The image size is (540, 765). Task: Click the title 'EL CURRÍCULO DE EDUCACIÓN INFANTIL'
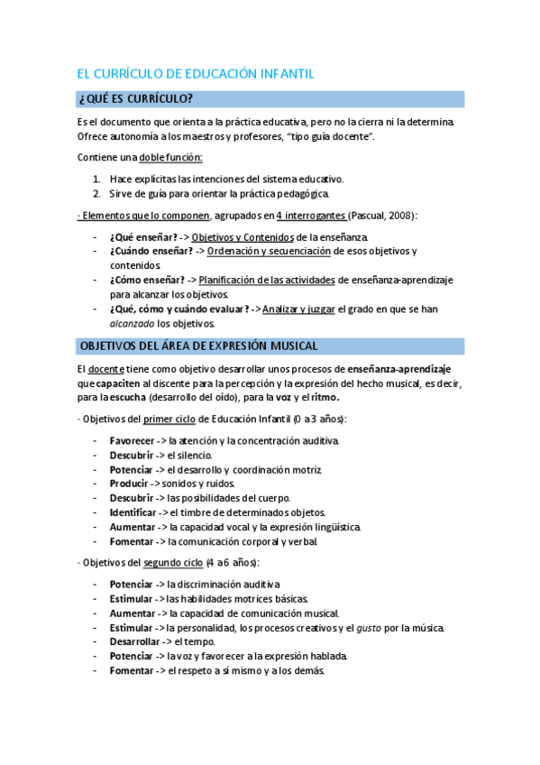tap(197, 74)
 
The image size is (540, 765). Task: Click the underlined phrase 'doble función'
tap(170, 158)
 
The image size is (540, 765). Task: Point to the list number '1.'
tap(96, 179)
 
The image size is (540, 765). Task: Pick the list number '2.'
tap(96, 193)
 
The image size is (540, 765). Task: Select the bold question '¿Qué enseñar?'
tap(140, 236)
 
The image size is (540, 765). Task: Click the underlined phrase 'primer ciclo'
tap(169, 419)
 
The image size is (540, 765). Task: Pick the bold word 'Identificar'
tap(134, 512)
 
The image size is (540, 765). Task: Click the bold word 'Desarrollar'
tap(135, 642)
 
